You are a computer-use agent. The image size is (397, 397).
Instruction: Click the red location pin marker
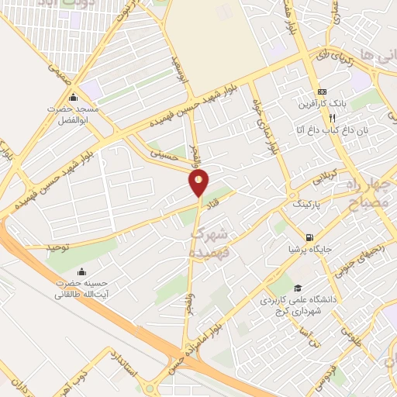click(x=199, y=183)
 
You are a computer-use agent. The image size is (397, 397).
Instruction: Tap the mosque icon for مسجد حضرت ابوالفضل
click(x=74, y=98)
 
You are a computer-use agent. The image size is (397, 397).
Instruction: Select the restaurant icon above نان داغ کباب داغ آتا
click(x=331, y=119)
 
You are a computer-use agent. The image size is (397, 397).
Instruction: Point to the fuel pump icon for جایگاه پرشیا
click(x=309, y=237)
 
